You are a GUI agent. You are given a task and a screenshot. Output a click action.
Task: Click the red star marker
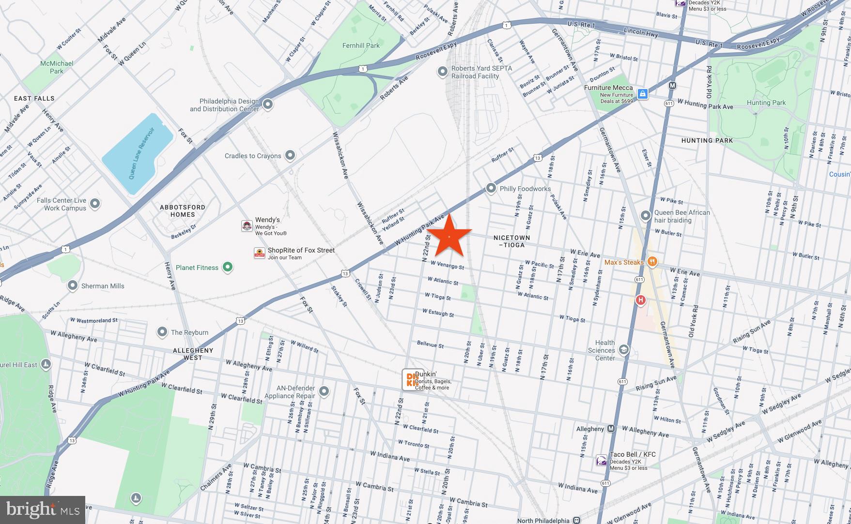pos(449,236)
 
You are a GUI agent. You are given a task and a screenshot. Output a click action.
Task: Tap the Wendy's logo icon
pos(247,226)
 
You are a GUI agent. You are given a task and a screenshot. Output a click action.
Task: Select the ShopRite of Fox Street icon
pos(260,253)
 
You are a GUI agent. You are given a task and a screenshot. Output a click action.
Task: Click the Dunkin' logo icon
pos(413,380)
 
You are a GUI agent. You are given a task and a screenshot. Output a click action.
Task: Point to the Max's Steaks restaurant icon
pos(652,262)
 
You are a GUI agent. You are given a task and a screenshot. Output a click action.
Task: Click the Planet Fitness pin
pos(227,267)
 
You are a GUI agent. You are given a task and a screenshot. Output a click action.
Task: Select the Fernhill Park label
pos(361,45)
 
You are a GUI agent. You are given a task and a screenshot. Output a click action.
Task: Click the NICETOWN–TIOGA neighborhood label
pos(511,241)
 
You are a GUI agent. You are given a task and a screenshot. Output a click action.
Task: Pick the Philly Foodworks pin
pos(491,188)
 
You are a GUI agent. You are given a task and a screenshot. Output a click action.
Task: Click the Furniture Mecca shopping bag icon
pos(642,94)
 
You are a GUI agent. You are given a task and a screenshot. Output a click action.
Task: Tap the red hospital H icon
pos(640,300)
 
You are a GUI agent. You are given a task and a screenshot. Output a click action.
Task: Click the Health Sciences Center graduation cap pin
pos(624,350)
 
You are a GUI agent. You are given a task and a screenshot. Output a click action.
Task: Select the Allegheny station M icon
pos(611,429)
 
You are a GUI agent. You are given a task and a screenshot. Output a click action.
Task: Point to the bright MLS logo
pos(43,510)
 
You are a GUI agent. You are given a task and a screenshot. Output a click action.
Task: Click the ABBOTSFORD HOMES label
pos(183,210)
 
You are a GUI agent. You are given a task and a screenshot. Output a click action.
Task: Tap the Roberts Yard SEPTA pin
pos(442,72)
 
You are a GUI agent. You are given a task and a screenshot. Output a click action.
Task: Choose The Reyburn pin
pos(162,332)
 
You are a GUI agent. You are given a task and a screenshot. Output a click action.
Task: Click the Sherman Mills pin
pos(73,285)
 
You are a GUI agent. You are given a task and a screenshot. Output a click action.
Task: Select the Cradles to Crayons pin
pos(290,155)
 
